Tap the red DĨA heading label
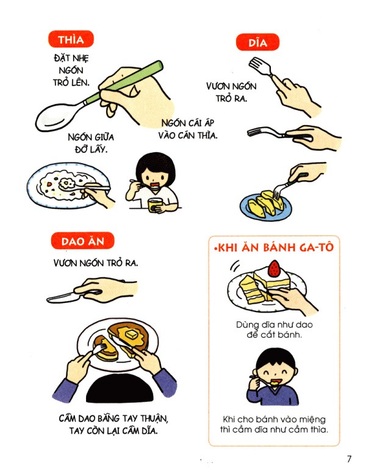point(257,43)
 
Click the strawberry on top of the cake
point(274,268)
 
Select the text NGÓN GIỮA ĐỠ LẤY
point(88,143)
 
